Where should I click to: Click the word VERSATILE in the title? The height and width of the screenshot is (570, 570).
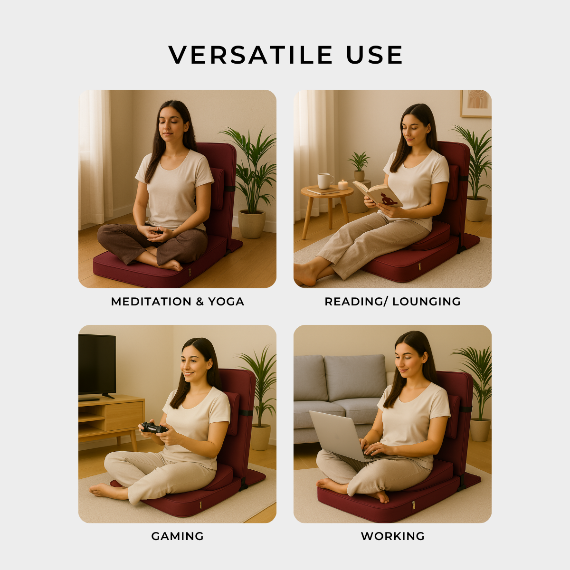point(250,55)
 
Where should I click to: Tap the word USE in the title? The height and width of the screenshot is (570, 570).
point(374,55)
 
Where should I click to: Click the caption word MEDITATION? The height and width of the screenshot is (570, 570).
point(151,302)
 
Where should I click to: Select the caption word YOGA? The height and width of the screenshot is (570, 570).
point(226,302)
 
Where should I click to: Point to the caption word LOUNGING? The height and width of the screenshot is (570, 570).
point(426,302)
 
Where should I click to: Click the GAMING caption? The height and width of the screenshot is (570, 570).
point(178,536)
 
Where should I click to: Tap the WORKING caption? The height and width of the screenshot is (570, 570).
point(392,536)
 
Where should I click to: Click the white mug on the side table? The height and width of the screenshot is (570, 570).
point(325,181)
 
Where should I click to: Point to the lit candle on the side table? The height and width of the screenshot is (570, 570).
point(343,185)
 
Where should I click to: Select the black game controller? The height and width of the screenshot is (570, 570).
point(153,428)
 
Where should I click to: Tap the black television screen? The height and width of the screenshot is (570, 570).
point(97,364)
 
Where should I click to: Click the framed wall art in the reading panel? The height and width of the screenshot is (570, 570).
point(475,104)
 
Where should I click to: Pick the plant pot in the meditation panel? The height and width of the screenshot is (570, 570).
point(252,224)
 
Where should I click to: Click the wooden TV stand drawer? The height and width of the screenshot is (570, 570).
point(124,415)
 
